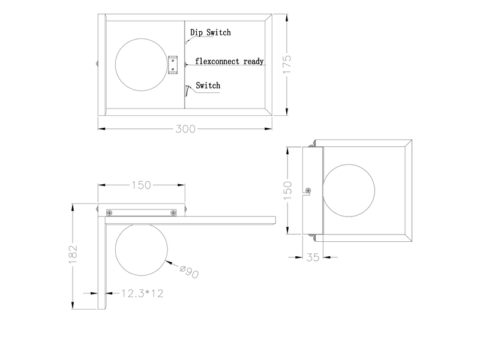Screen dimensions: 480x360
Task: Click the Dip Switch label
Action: pos(211,32)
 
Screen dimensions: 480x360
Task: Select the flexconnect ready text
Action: pos(229,61)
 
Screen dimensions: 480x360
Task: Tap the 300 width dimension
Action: pos(185,129)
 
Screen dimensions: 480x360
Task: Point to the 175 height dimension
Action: pos(287,64)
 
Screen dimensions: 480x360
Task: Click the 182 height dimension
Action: pos(73,254)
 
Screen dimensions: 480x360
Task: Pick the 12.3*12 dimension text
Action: pos(142,293)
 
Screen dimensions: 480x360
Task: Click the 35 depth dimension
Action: pos(313,257)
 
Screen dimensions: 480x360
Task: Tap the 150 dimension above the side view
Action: pos(141,185)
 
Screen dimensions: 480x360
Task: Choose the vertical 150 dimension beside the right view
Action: pos(287,190)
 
